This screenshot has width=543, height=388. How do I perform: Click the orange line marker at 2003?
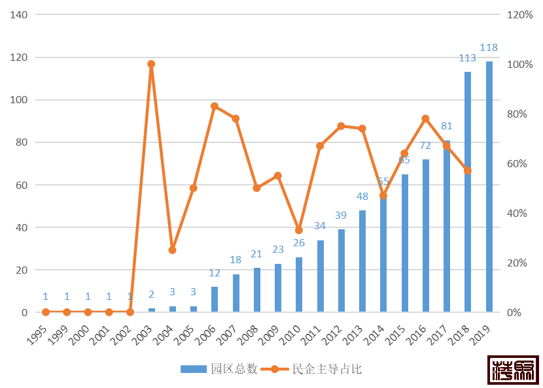point(151,64)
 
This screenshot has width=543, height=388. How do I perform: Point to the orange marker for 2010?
point(299,231)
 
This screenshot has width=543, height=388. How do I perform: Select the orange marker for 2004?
point(172,250)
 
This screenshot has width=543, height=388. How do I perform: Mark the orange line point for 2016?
point(425,118)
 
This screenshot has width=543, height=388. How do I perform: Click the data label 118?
point(489,48)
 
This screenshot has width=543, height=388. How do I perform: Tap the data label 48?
point(362,196)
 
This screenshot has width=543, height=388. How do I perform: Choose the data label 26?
point(299,243)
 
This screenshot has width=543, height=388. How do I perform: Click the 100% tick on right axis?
point(519,65)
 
